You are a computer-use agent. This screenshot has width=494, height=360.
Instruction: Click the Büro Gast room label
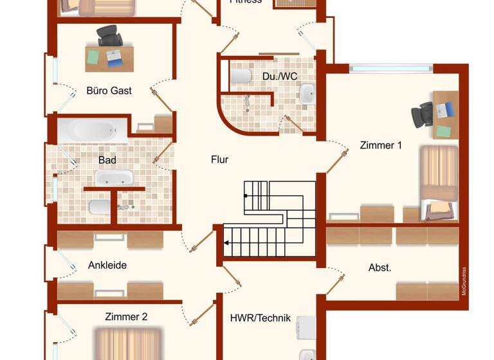[x=109, y=91]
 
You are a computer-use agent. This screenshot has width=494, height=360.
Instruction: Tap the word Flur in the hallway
[x=219, y=159]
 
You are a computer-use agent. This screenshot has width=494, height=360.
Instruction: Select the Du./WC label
[x=280, y=76]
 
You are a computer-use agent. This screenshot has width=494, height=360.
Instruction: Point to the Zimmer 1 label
[x=381, y=145]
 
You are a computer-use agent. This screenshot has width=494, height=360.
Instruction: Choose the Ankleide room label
[x=107, y=265]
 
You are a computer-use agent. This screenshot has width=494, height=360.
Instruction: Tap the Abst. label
[x=380, y=267]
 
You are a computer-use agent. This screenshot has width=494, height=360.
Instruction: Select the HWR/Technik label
[x=261, y=318]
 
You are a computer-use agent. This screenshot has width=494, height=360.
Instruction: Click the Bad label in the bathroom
[x=107, y=159]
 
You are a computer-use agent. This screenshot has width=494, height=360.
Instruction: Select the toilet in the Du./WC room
[x=241, y=76]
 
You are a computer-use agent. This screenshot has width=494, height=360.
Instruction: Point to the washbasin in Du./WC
[x=307, y=94]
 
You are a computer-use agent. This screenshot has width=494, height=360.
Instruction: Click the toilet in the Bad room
[x=98, y=207]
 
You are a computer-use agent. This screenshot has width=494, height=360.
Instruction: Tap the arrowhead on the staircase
[x=227, y=243]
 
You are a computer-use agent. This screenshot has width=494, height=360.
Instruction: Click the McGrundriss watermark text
[x=463, y=281]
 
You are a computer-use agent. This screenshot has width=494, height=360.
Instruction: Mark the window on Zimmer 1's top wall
[x=391, y=68]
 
